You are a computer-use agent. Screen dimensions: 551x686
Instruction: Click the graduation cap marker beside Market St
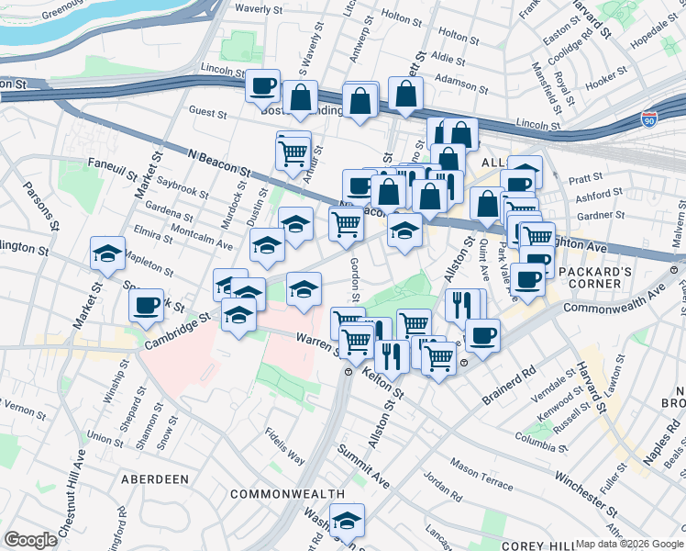tap(107, 253)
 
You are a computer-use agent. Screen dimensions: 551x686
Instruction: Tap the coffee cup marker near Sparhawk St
tap(147, 305)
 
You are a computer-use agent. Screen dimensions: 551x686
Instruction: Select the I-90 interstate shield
tap(649, 119)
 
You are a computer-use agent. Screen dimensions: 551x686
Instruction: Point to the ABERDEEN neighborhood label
tap(154, 479)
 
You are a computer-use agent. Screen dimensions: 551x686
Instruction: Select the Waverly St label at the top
tap(258, 9)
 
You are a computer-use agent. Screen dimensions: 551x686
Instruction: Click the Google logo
tap(30, 540)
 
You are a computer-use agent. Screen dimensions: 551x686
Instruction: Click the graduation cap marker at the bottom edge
tap(347, 521)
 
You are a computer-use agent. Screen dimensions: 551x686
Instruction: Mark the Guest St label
tap(207, 113)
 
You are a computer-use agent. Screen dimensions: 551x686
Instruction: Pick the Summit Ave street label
tap(363, 467)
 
